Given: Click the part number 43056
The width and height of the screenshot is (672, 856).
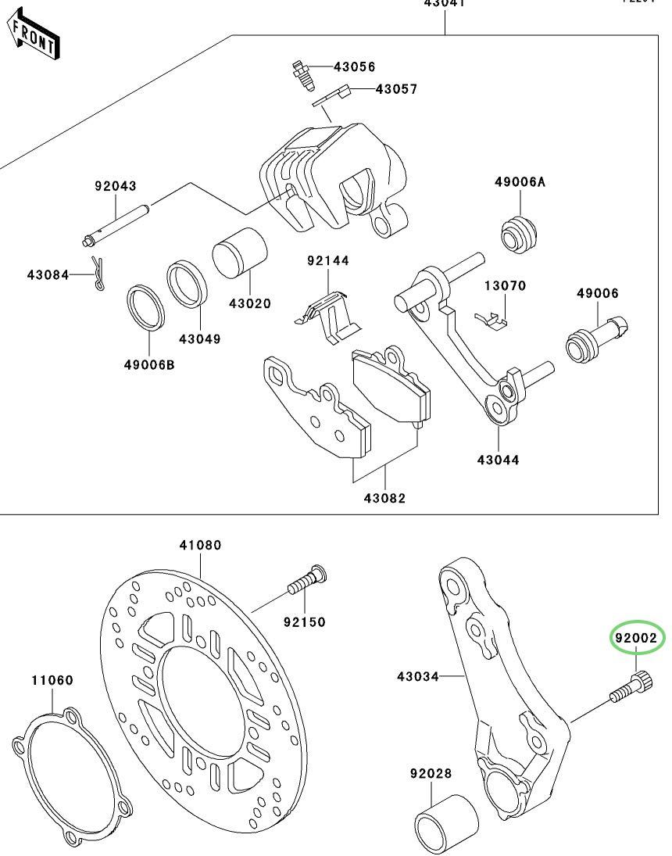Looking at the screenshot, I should point(354,67).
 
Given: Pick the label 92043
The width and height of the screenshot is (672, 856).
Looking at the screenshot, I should point(116,186).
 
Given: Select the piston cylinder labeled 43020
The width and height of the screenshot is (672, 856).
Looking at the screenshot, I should point(240,253).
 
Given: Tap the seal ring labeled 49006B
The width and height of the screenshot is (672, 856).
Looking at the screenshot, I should point(148,308).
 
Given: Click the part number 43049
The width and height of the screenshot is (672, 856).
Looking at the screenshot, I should point(199,339).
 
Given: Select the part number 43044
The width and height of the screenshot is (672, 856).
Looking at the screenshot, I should point(499,460).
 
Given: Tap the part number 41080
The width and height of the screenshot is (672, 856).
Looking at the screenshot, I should point(201,545).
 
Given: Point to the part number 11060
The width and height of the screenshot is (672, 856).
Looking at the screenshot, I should point(52,680).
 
